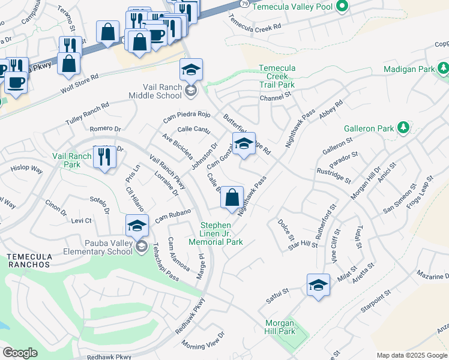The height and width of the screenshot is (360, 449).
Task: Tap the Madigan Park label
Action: [409, 70]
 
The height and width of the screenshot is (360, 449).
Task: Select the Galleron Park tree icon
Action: [403, 128]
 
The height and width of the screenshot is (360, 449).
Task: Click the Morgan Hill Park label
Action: [280, 327]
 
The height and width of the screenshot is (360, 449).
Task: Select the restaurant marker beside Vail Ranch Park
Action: [104, 157]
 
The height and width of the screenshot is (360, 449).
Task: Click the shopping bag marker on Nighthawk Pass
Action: [232, 197]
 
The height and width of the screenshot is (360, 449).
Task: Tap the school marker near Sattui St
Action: [318, 285]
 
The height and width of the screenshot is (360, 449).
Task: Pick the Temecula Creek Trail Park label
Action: [277, 76]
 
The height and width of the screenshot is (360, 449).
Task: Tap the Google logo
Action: [20, 353]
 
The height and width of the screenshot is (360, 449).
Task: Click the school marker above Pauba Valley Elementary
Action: [137, 226]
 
